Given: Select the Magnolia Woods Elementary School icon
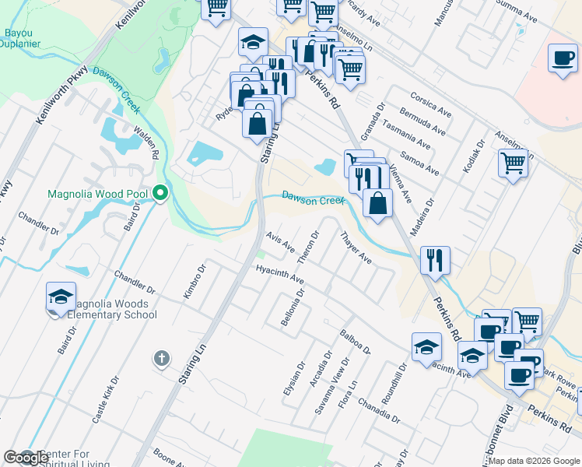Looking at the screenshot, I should click(61, 297).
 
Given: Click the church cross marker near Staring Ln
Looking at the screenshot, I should click(161, 358).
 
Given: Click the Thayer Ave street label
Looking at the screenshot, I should click(355, 248).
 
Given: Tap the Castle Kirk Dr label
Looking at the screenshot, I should click(107, 401).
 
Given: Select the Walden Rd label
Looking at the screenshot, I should click(146, 145).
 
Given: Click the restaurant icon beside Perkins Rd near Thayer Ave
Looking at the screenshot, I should click(435, 260).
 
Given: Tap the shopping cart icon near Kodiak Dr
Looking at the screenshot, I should click(513, 164).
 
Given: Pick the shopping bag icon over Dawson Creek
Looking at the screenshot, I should click(377, 203).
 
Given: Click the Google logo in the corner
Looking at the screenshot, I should click(26, 458).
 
